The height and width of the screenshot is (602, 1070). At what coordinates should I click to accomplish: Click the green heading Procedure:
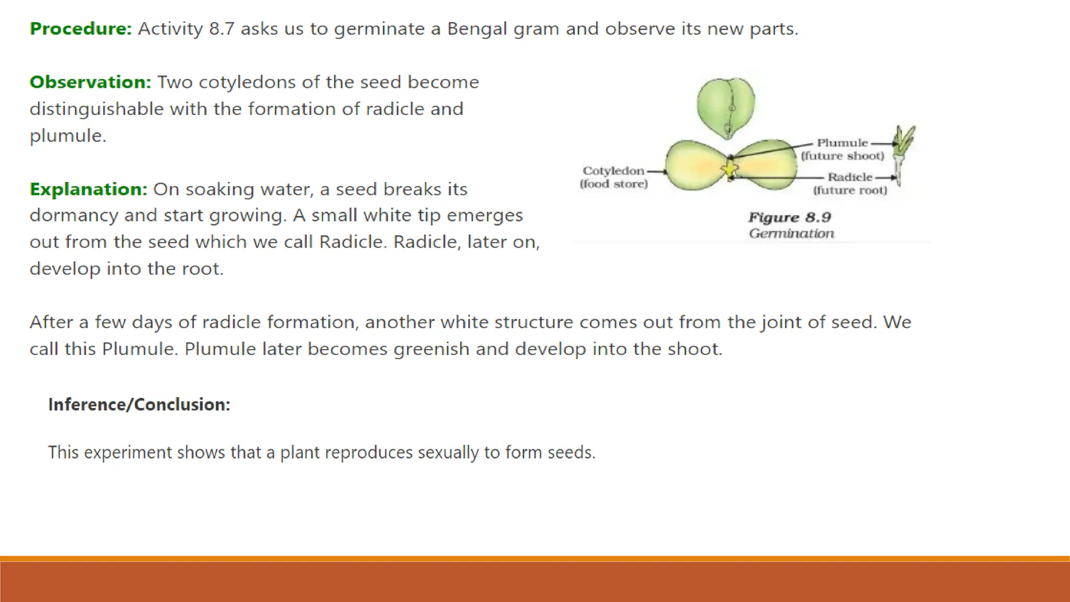[x=81, y=29]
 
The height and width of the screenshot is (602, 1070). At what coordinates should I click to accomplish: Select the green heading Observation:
[x=90, y=82]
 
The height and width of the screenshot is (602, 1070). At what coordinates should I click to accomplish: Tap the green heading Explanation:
[x=88, y=189]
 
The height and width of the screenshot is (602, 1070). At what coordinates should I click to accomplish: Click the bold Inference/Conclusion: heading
[x=139, y=404]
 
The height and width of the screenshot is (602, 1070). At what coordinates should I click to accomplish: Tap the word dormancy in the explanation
[x=74, y=215]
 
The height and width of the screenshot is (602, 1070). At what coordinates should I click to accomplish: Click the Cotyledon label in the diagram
[x=613, y=171]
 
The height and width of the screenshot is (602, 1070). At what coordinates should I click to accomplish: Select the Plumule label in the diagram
[x=842, y=143]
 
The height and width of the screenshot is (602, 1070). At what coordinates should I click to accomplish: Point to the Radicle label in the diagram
[x=850, y=177]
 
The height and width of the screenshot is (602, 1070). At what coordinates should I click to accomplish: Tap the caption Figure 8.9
[x=789, y=217]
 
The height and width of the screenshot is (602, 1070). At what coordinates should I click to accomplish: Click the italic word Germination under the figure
[x=791, y=233]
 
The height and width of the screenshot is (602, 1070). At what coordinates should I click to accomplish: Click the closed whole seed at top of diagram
[x=726, y=108]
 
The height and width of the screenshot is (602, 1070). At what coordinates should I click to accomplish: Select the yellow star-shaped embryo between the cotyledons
[x=729, y=169]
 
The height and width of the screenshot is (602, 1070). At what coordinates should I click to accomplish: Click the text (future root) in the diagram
[x=850, y=190]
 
